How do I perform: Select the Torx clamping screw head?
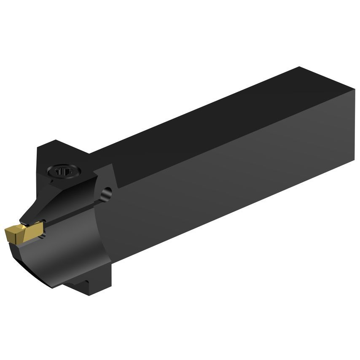click(63, 171)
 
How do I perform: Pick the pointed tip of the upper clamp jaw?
click(22, 220)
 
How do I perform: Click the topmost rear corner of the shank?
click(299, 67)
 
